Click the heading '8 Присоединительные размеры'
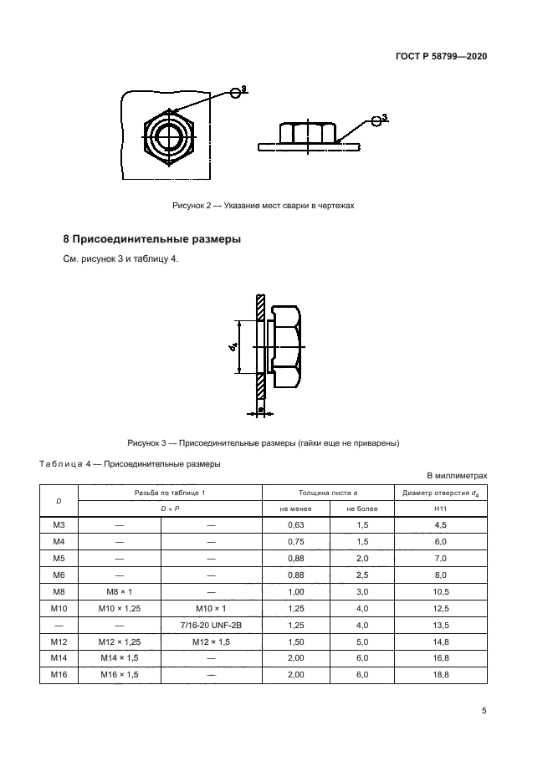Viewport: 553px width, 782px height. [152, 239]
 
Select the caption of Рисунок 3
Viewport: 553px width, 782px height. [264, 442]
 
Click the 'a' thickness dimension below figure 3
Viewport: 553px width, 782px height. [261, 411]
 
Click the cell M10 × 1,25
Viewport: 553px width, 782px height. [119, 607]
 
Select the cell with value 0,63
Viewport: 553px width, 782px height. [296, 524]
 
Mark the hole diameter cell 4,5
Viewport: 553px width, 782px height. [441, 524]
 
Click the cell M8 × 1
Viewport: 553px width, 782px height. [119, 590]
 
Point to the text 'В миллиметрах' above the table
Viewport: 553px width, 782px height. [458, 475]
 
